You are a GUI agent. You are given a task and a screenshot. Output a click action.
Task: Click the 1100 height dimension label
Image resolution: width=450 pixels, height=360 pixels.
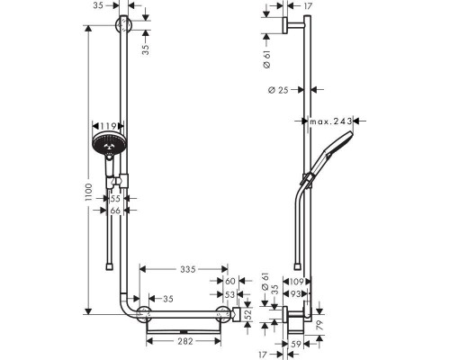[88, 193]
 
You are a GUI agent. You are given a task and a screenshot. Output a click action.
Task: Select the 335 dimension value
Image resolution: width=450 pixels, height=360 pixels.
[188, 269]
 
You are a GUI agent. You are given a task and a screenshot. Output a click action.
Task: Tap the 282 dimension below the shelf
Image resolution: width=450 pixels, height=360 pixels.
[185, 341]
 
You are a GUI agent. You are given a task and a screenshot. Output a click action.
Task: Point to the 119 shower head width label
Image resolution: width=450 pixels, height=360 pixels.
[108, 126]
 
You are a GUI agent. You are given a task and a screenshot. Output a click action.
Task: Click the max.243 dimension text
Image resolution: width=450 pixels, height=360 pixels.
[331, 121]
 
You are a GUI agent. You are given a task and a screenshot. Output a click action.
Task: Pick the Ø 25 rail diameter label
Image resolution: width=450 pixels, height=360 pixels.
[278, 90]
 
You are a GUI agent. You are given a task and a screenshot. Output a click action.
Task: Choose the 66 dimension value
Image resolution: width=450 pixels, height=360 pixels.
[115, 211]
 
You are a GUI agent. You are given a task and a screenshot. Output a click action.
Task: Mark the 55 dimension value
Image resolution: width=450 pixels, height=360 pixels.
[115, 198]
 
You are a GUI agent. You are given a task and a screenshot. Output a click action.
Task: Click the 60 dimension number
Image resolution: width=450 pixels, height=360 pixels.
[230, 281]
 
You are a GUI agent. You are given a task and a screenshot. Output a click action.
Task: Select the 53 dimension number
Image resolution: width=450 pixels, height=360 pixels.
[229, 294]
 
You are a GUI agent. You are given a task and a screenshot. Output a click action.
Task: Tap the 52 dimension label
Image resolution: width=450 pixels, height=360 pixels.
[247, 314]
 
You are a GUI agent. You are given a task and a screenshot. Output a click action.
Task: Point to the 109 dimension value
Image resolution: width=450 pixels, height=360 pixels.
[296, 282]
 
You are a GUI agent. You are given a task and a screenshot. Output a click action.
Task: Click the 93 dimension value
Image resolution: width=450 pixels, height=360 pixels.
[296, 294]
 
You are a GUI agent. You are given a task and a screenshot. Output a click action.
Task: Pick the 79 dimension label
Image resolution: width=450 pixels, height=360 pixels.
[319, 325]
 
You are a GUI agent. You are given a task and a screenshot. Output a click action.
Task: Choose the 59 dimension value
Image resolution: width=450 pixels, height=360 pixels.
[296, 345]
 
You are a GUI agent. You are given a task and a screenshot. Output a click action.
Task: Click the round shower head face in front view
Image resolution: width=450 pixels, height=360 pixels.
[109, 144]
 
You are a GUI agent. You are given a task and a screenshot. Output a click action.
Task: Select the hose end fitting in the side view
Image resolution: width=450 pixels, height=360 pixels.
[297, 267]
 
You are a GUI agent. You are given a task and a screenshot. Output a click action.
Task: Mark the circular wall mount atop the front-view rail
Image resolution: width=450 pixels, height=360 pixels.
[123, 24]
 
